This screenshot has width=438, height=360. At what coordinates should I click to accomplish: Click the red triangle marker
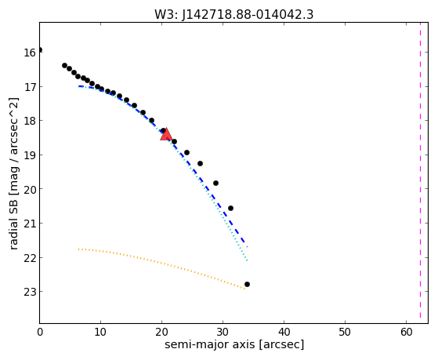click(166, 135)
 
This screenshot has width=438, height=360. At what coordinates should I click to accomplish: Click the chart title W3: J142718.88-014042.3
click(234, 14)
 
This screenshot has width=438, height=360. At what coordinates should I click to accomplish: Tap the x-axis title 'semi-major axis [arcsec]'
click(234, 344)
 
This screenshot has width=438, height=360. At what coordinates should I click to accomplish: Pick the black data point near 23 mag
click(247, 284)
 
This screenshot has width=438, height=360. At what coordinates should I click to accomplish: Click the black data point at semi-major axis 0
click(40, 49)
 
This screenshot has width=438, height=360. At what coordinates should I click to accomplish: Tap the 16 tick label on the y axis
click(30, 53)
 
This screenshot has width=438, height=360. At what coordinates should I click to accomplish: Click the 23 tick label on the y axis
click(30, 292)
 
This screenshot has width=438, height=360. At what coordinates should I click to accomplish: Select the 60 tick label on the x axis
click(407, 332)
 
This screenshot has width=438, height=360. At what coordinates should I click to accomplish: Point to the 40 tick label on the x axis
click(284, 332)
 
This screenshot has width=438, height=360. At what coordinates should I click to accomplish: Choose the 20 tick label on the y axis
click(30, 189)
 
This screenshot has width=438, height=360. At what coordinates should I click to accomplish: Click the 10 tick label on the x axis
click(100, 332)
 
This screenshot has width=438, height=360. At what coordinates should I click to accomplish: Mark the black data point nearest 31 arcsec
click(230, 208)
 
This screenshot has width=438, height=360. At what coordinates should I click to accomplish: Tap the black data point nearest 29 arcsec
click(215, 184)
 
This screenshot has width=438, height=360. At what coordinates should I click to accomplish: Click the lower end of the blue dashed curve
click(248, 246)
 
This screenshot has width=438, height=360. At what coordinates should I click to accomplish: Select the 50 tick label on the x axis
click(345, 332)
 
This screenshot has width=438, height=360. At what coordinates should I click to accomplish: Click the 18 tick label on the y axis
click(30, 121)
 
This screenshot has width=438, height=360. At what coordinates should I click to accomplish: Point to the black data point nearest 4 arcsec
click(64, 65)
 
